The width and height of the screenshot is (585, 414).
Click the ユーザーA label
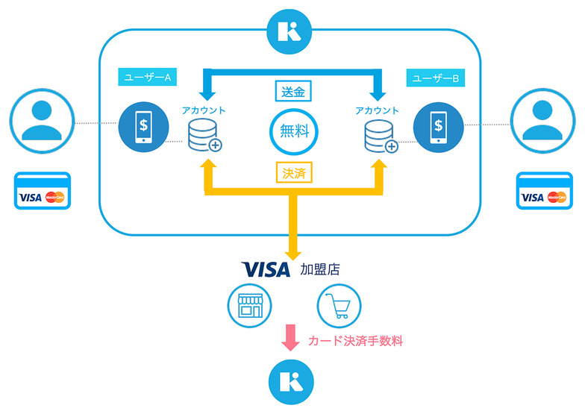[146, 78]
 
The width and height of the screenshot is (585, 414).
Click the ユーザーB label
[434, 78]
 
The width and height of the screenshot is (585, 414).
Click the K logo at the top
[291, 31]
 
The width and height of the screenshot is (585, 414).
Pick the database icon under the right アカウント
[377, 135]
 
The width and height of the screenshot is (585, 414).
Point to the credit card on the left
[43, 191]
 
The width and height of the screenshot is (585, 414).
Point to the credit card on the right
[544, 191]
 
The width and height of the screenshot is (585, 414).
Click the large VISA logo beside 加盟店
[266, 269]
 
